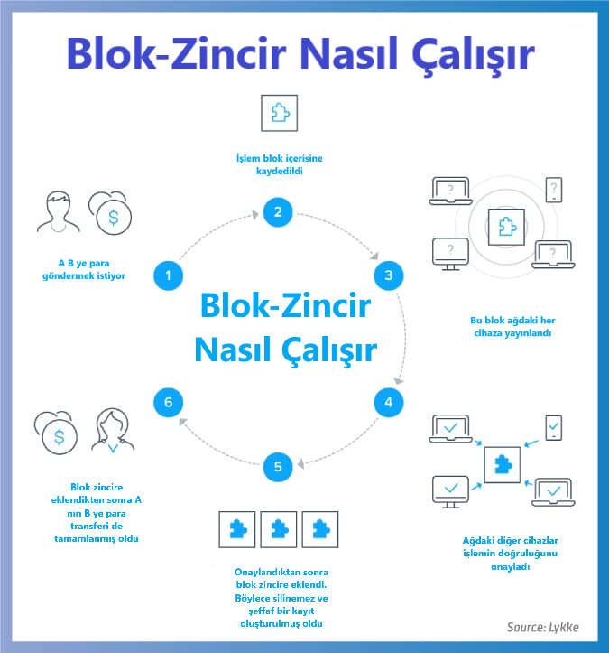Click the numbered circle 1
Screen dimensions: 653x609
point(169,274)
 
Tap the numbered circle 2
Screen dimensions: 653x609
point(279,213)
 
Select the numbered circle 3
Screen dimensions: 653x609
point(388,275)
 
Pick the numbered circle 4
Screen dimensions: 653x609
point(388,402)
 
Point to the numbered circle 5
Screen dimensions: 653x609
point(278,467)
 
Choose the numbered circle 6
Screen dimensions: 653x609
point(169,402)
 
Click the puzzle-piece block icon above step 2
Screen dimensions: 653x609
point(279,114)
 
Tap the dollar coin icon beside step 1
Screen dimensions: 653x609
point(111,214)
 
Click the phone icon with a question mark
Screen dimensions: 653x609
point(555,190)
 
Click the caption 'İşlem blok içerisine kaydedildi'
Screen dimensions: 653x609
point(279,165)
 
